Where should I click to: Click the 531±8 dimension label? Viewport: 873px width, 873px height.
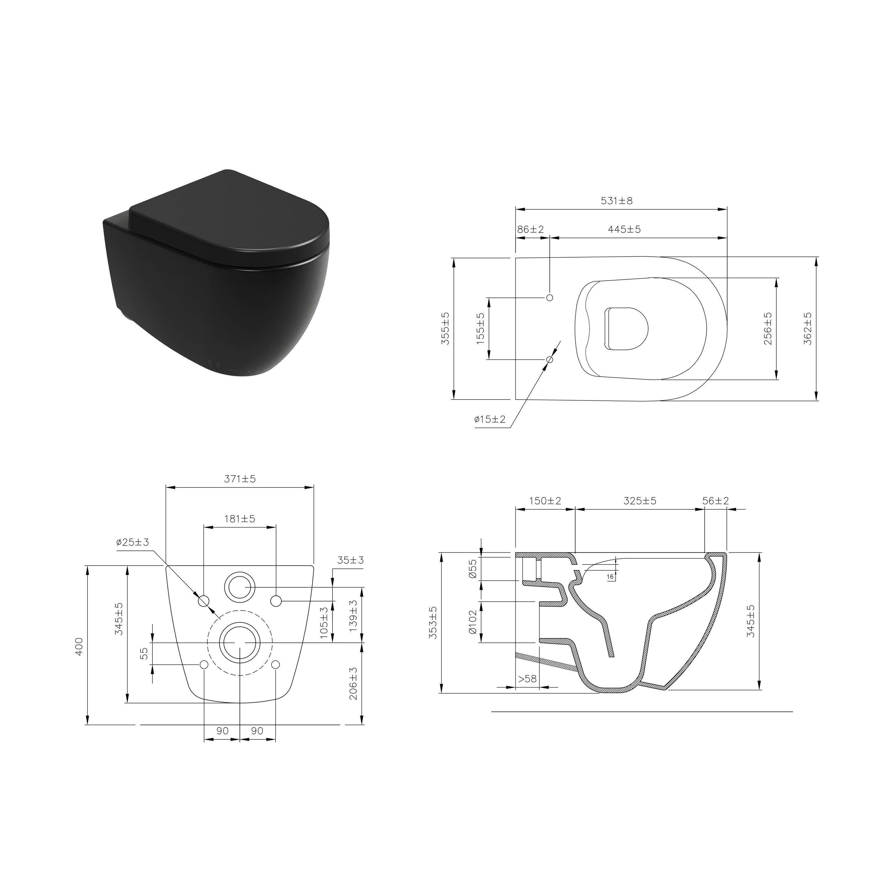[x=617, y=200]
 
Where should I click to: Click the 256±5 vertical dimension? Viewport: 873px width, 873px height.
[x=768, y=329]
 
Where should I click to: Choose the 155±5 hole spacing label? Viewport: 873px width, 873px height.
[x=480, y=329]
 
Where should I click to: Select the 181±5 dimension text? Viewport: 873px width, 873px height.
[x=240, y=519]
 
